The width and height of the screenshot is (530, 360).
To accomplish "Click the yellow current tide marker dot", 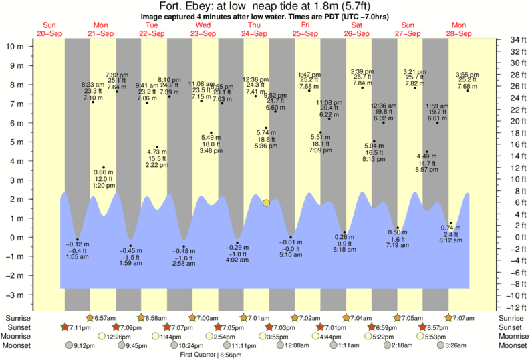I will [266, 202].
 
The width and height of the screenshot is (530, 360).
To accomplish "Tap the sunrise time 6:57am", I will [102, 317].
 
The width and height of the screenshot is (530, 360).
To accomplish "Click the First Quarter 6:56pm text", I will [211, 355].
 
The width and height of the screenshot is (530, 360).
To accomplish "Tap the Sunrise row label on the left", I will [19, 317].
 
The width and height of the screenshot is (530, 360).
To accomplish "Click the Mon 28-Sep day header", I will [460, 29].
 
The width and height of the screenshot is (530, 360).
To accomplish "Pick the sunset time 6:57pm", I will [438, 327].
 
